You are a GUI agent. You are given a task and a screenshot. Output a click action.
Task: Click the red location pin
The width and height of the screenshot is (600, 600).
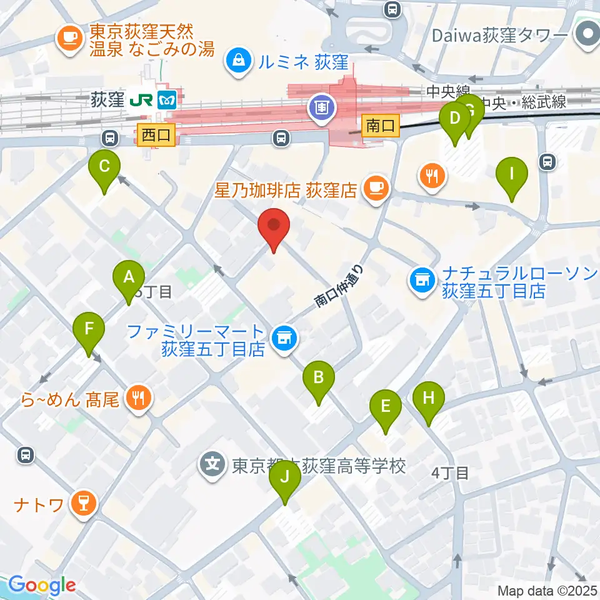click(x=274, y=229)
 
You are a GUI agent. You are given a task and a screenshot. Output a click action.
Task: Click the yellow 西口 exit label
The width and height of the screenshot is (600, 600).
click(x=156, y=135)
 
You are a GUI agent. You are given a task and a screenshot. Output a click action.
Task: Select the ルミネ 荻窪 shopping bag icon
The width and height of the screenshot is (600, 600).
click(x=238, y=61)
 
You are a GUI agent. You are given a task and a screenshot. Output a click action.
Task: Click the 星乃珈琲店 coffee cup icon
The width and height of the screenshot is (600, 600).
click(x=376, y=187)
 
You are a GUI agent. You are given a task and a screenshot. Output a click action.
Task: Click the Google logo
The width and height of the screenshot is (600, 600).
click(x=42, y=585)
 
